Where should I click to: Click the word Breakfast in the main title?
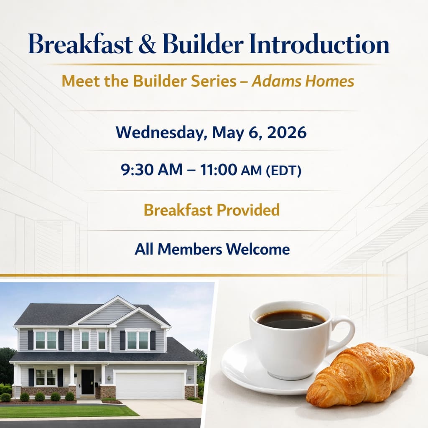click(81, 43)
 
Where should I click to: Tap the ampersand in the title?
click(148, 43)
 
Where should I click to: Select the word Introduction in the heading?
click(319, 43)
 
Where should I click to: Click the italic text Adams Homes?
click(303, 81)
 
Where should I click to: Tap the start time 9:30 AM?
click(151, 170)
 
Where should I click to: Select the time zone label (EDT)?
click(284, 171)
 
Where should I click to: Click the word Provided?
click(248, 210)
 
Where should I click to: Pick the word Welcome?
click(258, 249)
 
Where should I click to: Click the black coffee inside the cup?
click(291, 319)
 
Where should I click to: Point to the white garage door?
click(149, 385)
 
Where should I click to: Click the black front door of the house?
click(87, 382)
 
